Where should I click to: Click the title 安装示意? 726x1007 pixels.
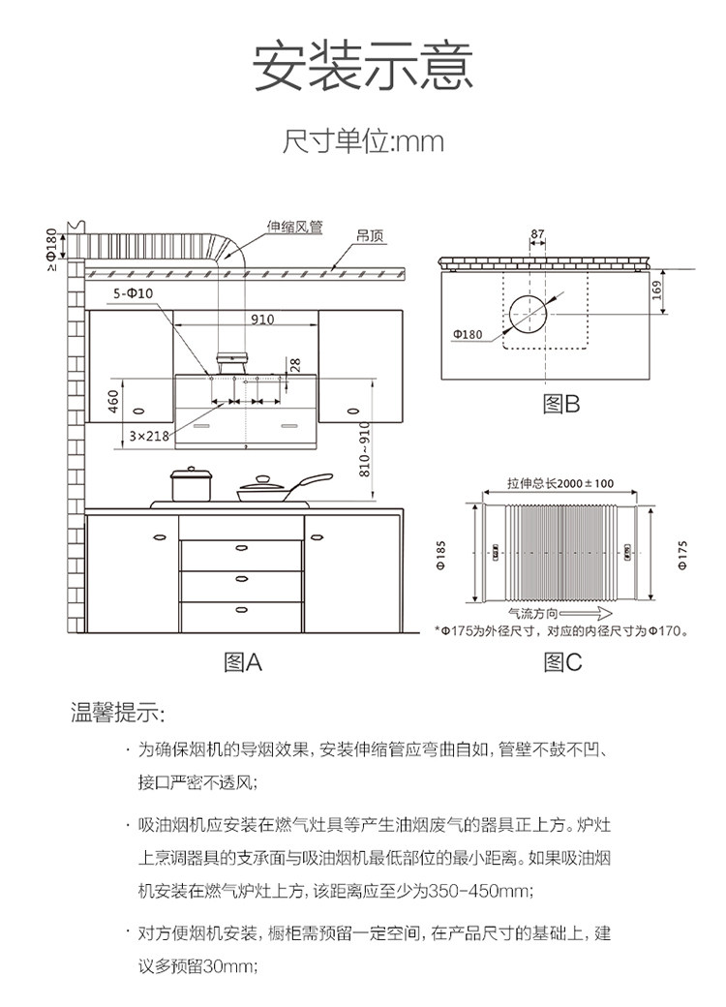[363, 68]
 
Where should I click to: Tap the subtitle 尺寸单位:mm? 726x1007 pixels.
[363, 142]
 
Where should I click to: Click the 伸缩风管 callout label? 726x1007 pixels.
[295, 229]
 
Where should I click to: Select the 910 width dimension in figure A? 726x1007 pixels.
[261, 319]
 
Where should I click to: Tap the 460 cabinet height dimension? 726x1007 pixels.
[113, 397]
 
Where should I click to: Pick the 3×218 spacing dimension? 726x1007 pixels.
[150, 436]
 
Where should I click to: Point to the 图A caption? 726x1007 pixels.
[243, 662]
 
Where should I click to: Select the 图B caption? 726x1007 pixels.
[560, 405]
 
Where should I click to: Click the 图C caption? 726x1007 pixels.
[562, 662]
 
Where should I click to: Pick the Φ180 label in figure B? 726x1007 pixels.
[467, 334]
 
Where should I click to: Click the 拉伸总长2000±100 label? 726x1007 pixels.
[560, 483]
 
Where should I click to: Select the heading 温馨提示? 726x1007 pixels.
[118, 715]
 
